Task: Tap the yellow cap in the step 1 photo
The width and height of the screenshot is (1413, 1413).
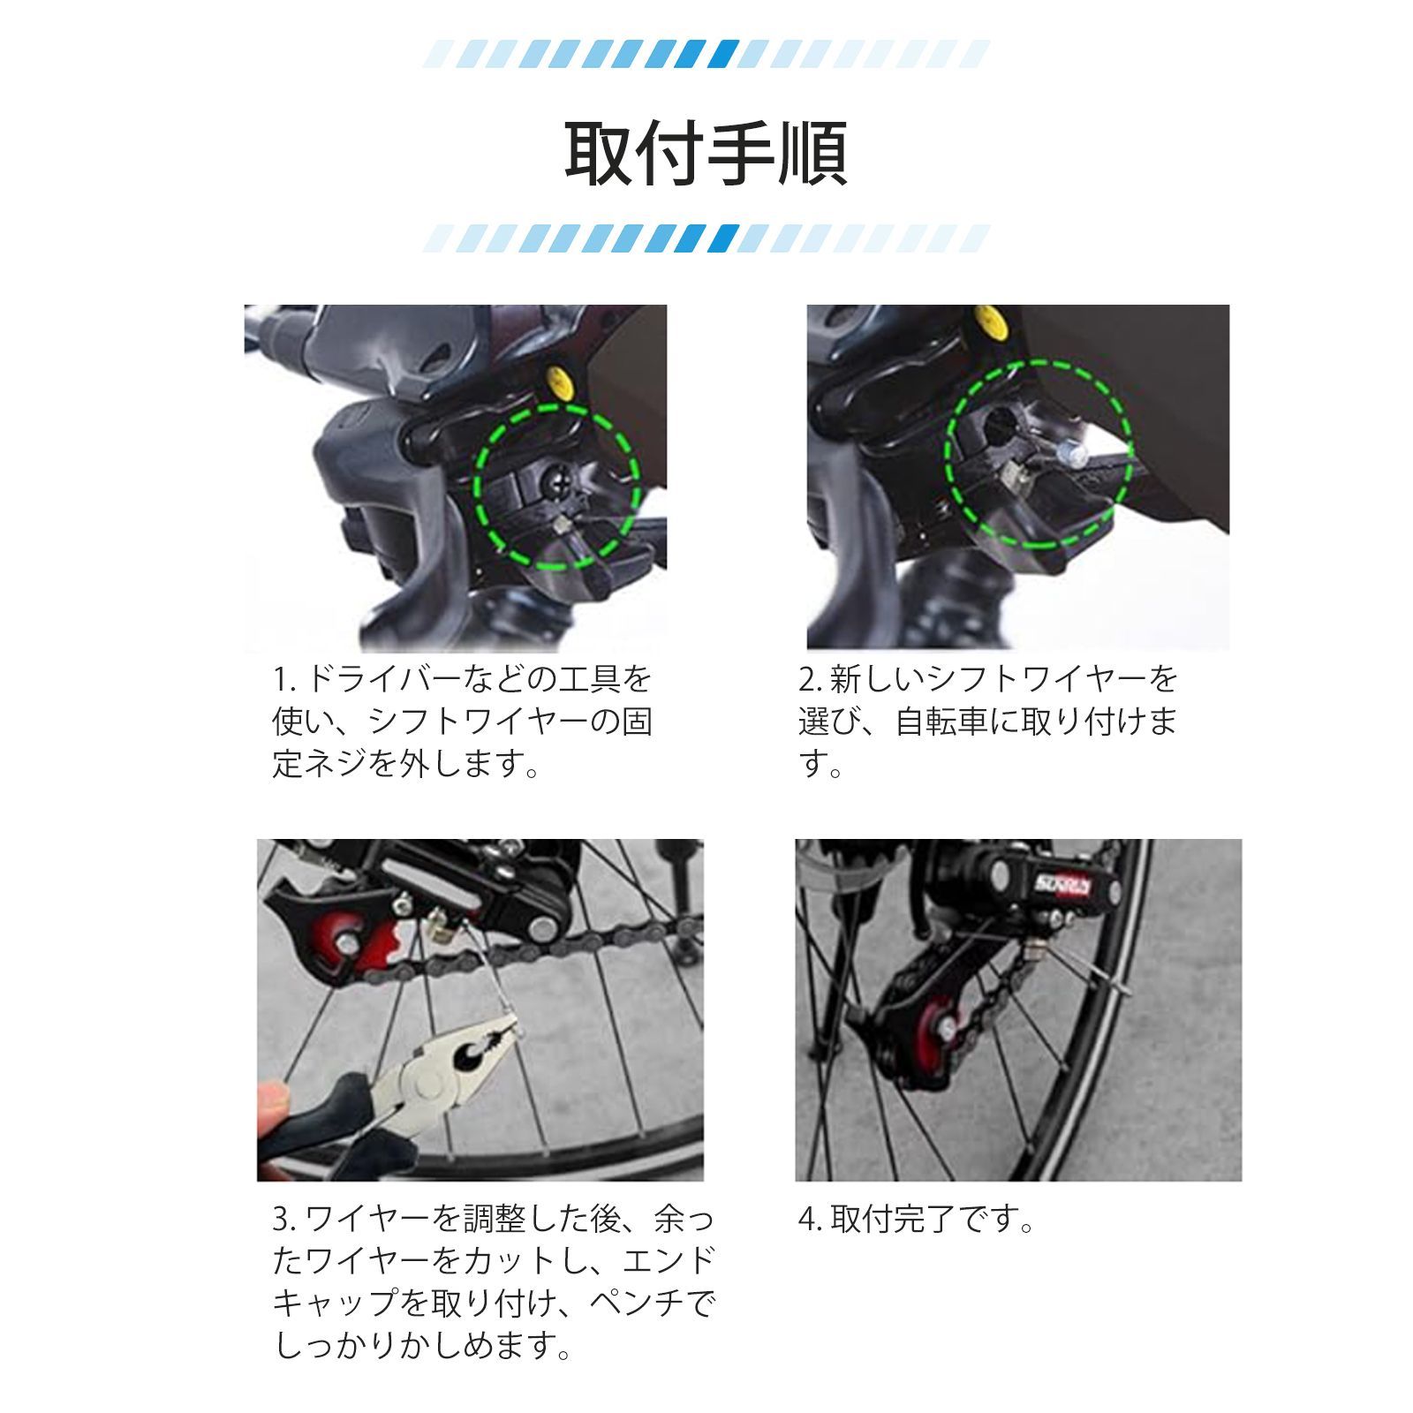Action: click(x=560, y=382)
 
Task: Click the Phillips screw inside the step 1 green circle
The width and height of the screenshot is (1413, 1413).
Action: click(x=560, y=482)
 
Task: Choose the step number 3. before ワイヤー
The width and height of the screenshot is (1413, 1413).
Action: click(x=284, y=1220)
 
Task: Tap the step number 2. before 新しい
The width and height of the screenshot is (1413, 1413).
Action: click(x=810, y=679)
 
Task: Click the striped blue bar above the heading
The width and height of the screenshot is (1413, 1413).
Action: click(x=706, y=55)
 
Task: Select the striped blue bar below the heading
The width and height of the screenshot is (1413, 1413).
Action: click(x=706, y=238)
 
